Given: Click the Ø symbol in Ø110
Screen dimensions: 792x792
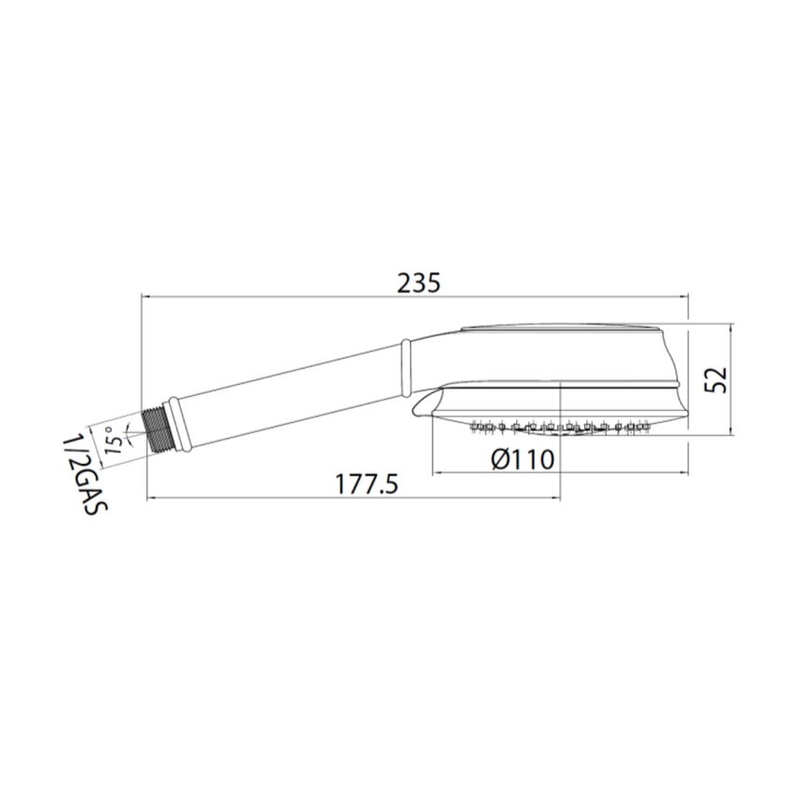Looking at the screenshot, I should (x=498, y=458).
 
